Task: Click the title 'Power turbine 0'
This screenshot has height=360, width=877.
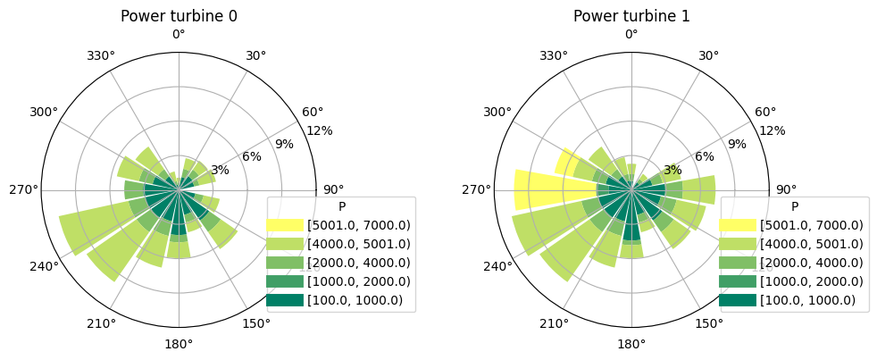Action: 179,16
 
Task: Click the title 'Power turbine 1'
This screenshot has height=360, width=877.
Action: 631,16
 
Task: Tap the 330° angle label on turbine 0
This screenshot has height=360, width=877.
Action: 101,55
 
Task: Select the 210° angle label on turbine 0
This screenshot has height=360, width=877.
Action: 101,323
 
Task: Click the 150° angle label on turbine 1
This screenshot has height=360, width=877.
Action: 709,323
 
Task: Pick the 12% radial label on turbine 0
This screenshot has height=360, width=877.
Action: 319,130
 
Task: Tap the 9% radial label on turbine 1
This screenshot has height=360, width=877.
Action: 737,144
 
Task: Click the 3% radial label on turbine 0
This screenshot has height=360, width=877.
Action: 220,170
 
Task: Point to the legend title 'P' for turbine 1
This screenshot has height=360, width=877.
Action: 794,206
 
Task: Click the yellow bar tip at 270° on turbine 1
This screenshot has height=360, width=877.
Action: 519,190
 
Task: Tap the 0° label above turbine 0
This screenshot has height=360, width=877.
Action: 179,34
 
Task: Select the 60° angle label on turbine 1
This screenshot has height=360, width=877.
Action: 765,112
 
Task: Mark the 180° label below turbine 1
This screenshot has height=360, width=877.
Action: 631,344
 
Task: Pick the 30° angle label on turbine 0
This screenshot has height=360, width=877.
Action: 256,55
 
